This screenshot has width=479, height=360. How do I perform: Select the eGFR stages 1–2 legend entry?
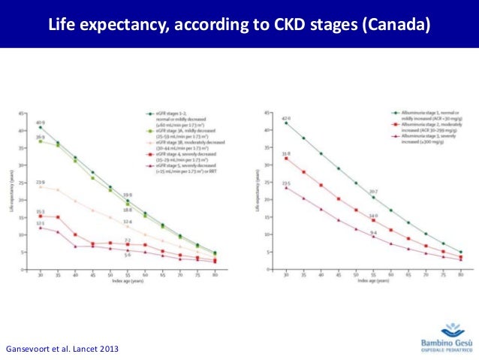tap(181, 116)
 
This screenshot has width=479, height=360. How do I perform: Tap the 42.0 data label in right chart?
tap(286, 117)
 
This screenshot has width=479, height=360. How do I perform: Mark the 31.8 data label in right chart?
tap(286, 153)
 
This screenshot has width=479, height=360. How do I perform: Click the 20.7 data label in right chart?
tap(373, 191)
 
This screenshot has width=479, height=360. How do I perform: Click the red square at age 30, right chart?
tap(286, 159)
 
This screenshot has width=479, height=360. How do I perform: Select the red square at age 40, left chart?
tap(75, 234)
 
